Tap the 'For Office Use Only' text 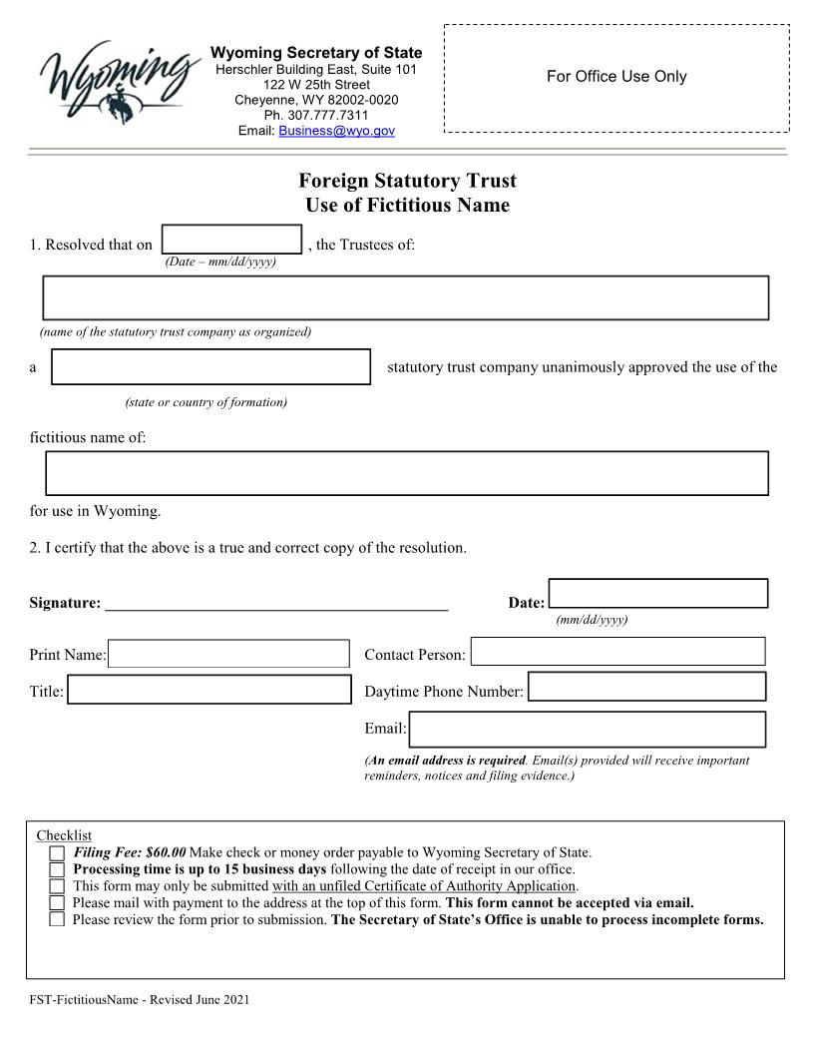pyautogui.click(x=616, y=77)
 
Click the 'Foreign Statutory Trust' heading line pyautogui.click(x=407, y=181)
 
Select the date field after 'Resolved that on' pyautogui.click(x=231, y=240)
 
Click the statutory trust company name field pyautogui.click(x=405, y=297)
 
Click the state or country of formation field pyautogui.click(x=210, y=366)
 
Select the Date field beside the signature pyautogui.click(x=658, y=593)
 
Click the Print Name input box pyautogui.click(x=228, y=655)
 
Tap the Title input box pyautogui.click(x=209, y=690)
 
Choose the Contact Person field pyautogui.click(x=617, y=652)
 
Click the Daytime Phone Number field pyautogui.click(x=646, y=687)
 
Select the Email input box pyautogui.click(x=587, y=729)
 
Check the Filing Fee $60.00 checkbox pyautogui.click(x=57, y=854)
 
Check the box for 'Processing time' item pyautogui.click(x=57, y=870)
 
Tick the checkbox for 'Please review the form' pyautogui.click(x=57, y=919)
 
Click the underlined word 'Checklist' pyautogui.click(x=64, y=835)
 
